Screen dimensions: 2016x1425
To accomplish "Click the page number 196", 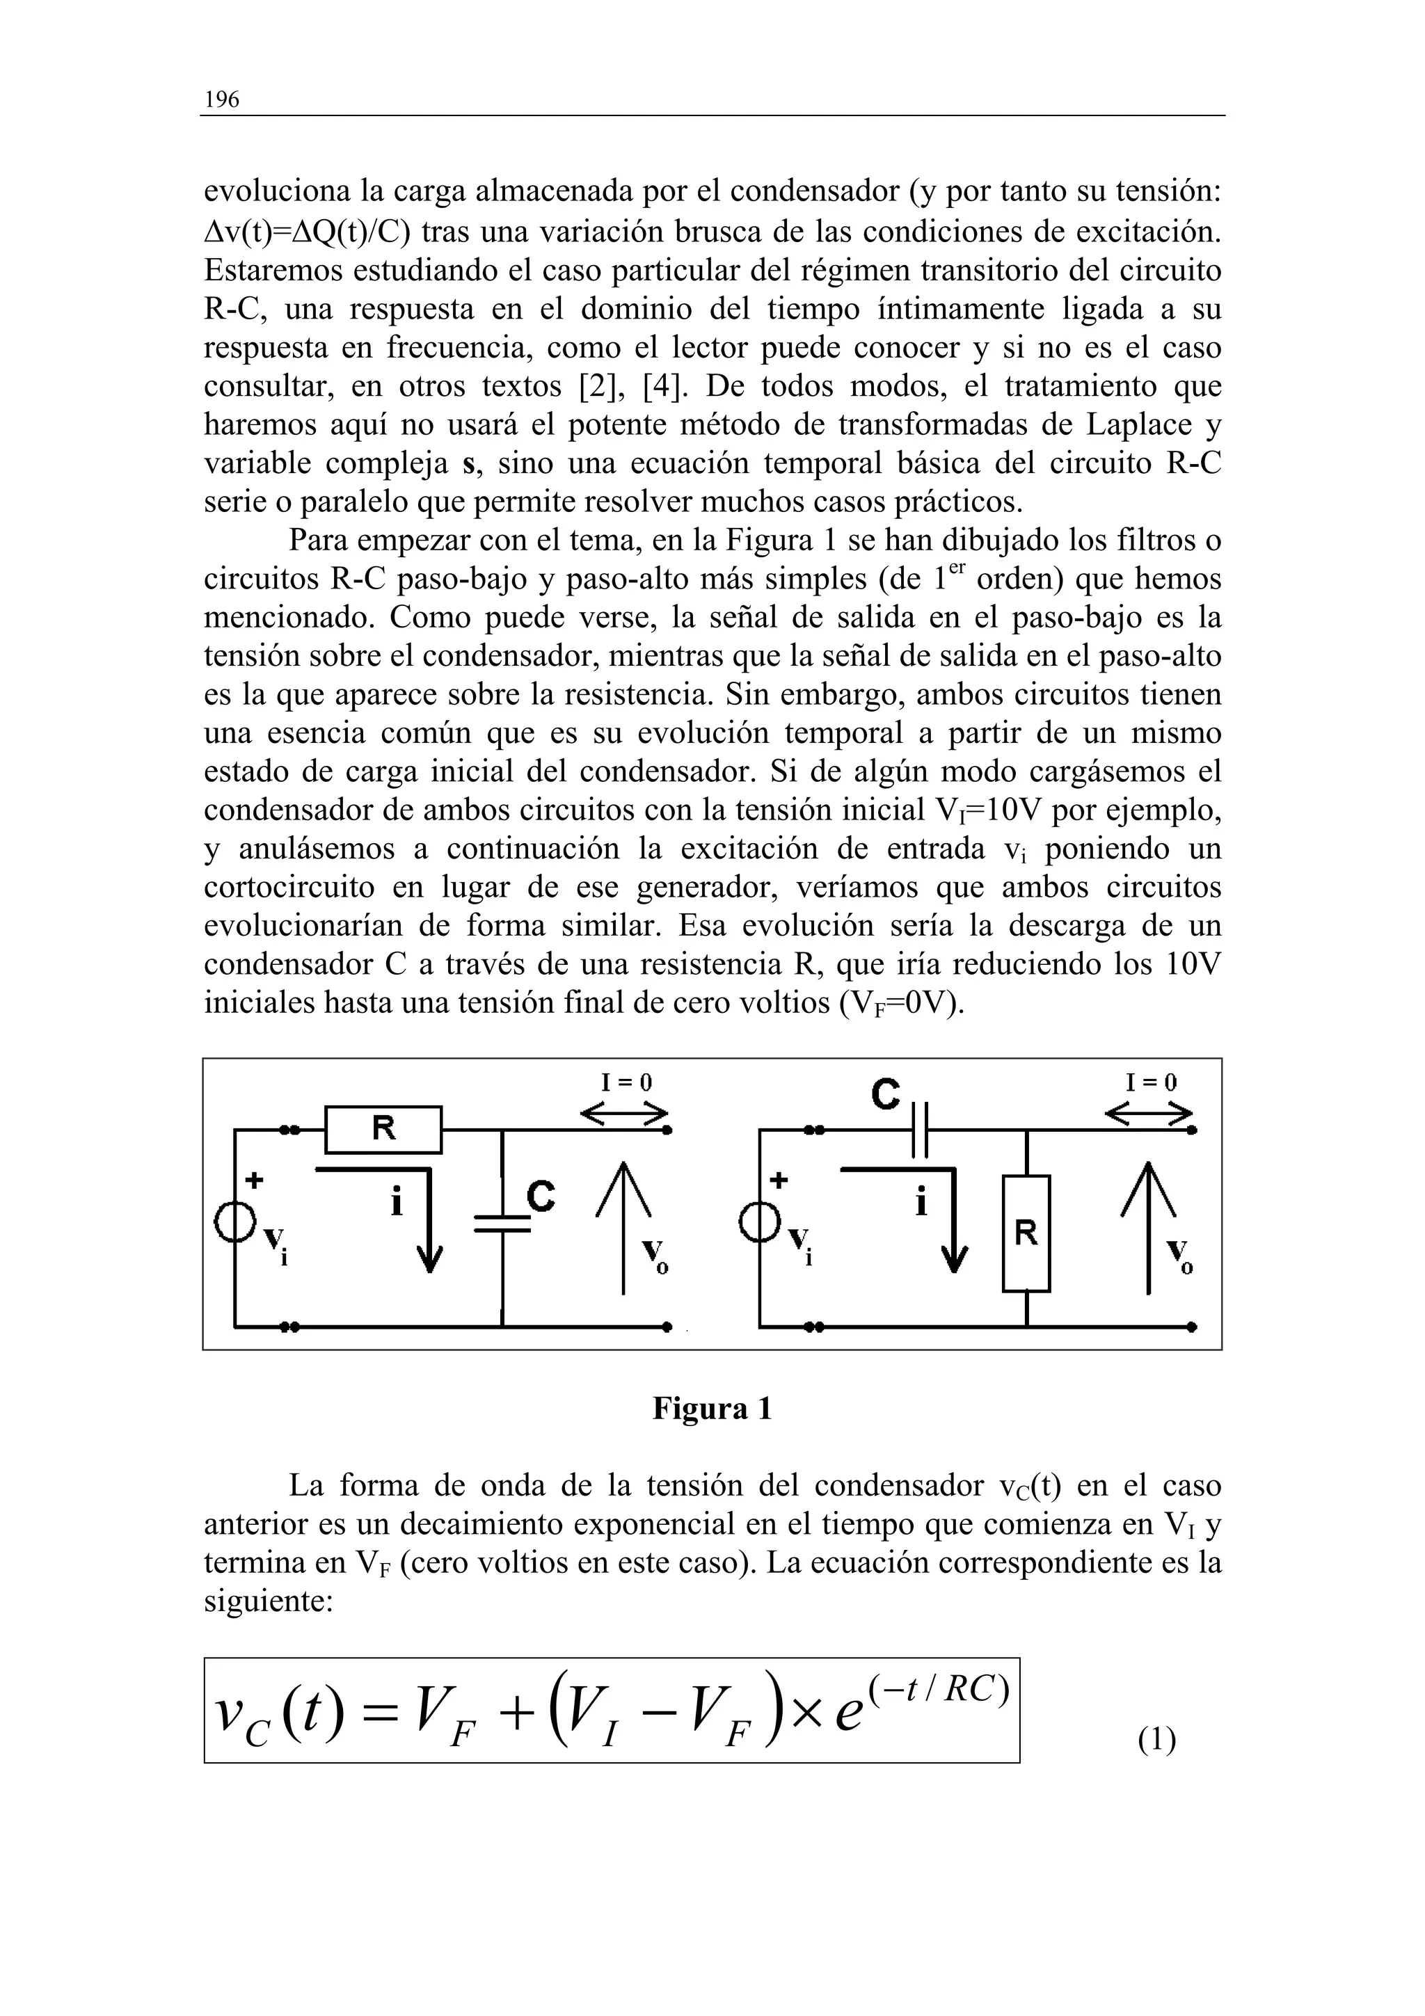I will point(221,100).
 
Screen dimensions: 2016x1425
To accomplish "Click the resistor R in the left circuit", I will point(383,1129).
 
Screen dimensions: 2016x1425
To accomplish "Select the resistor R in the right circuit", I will point(1026,1233).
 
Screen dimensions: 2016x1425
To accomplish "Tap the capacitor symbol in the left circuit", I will point(502,1223).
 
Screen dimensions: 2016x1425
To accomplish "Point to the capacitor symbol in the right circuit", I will point(920,1129).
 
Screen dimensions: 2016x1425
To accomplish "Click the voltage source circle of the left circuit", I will point(235,1223).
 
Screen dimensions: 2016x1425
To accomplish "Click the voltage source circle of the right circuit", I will point(761,1223).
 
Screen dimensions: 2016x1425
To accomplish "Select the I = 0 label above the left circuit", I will point(626,1082).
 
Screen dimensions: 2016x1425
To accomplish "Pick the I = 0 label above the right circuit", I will point(1151,1082).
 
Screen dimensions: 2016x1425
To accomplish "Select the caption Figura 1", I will point(712,1409).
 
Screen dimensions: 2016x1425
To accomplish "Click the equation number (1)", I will point(1156,1738).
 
